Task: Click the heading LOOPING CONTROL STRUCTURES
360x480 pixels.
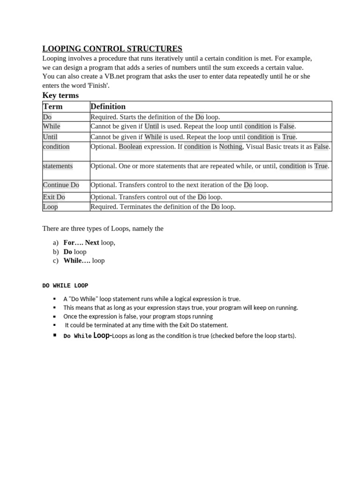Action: pyautogui.click(x=112, y=49)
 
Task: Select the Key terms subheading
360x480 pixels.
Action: pyautogui.click(x=60, y=95)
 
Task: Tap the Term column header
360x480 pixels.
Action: pyautogui.click(x=52, y=106)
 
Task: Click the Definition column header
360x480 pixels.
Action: pyautogui.click(x=108, y=106)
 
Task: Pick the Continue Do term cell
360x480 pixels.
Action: pyautogui.click(x=61, y=185)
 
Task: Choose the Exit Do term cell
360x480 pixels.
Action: pyautogui.click(x=54, y=197)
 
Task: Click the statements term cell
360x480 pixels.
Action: pyautogui.click(x=58, y=166)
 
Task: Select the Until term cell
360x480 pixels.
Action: pyautogui.click(x=50, y=137)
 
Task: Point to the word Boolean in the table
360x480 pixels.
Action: pyautogui.click(x=130, y=147)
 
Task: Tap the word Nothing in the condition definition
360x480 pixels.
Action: pyautogui.click(x=231, y=147)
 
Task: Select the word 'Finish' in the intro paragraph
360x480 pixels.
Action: pyautogui.click(x=97, y=85)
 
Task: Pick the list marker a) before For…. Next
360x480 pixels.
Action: pyautogui.click(x=56, y=243)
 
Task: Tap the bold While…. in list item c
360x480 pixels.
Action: pyautogui.click(x=77, y=261)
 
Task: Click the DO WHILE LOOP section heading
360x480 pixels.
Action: pyautogui.click(x=65, y=285)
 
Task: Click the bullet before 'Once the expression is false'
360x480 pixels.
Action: pyautogui.click(x=54, y=316)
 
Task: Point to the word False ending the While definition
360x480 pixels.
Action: pyautogui.click(x=287, y=127)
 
